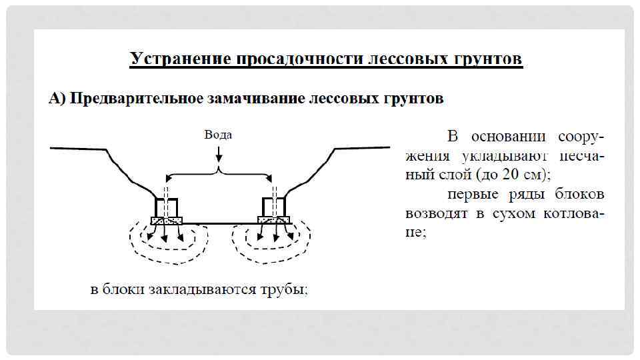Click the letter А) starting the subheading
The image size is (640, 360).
click(x=57, y=99)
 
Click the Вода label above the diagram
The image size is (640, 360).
click(x=218, y=135)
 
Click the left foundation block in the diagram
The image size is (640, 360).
click(x=167, y=207)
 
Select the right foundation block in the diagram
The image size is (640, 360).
click(x=273, y=207)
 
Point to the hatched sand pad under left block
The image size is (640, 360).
click(x=167, y=220)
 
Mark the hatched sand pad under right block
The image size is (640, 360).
click(x=274, y=220)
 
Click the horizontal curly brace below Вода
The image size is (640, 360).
click(x=219, y=175)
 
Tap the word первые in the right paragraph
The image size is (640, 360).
click(x=473, y=195)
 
